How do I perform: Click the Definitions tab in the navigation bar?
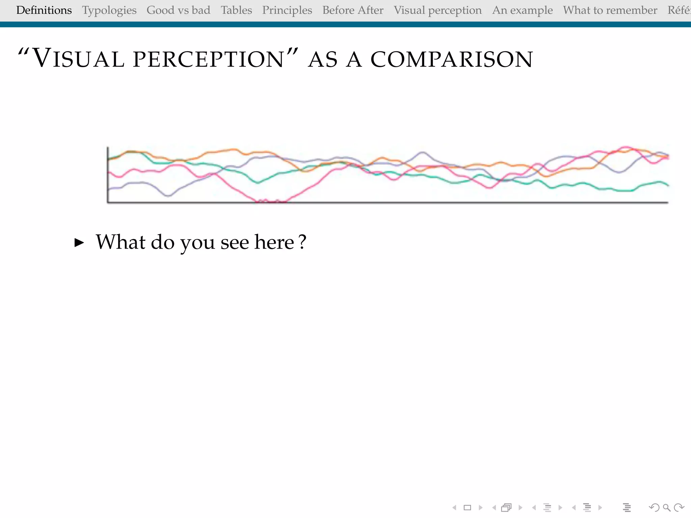click(44, 10)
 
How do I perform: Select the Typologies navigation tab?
click(109, 10)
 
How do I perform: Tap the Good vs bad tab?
click(178, 10)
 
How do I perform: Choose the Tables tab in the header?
click(236, 10)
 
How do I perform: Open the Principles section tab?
click(287, 10)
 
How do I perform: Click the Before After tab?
click(353, 10)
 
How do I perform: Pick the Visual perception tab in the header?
click(438, 10)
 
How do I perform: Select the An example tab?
click(522, 10)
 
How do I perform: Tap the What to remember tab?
click(610, 10)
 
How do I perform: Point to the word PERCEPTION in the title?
click(209, 59)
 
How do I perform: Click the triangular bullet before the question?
click(79, 242)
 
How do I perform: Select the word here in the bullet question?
click(274, 242)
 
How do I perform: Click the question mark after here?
click(303, 242)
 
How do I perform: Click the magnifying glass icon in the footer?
click(666, 508)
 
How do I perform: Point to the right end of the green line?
click(668, 185)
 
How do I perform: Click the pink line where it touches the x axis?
click(270, 202)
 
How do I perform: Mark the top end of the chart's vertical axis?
click(108, 147)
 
